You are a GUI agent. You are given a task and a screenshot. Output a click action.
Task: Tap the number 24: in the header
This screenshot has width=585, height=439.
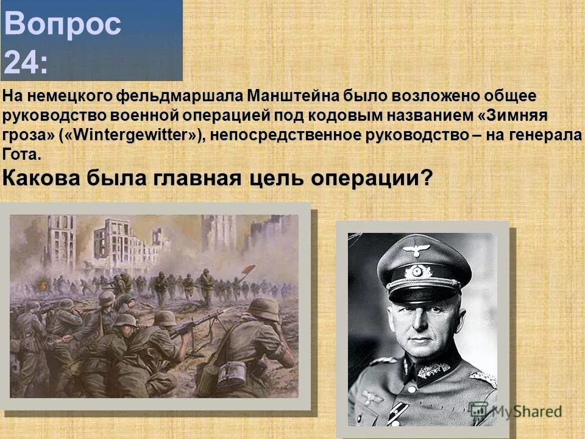pos(27,62)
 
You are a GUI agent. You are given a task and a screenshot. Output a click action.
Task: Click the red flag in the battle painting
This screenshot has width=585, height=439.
pos(249,268)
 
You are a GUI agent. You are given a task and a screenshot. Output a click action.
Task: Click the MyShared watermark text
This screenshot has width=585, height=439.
pos(524,412)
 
